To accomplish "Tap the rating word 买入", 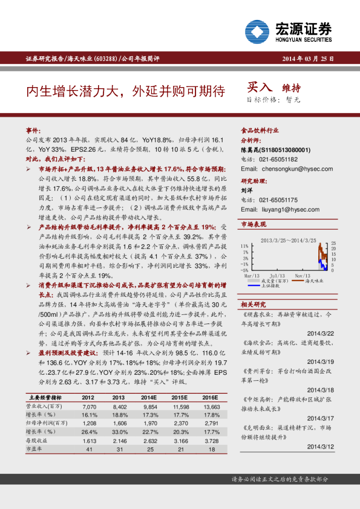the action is [261, 88].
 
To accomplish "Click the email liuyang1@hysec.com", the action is [281, 209].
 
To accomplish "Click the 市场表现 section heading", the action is [254, 224].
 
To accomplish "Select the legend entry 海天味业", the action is [315, 280].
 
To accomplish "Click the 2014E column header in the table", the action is [149, 397].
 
